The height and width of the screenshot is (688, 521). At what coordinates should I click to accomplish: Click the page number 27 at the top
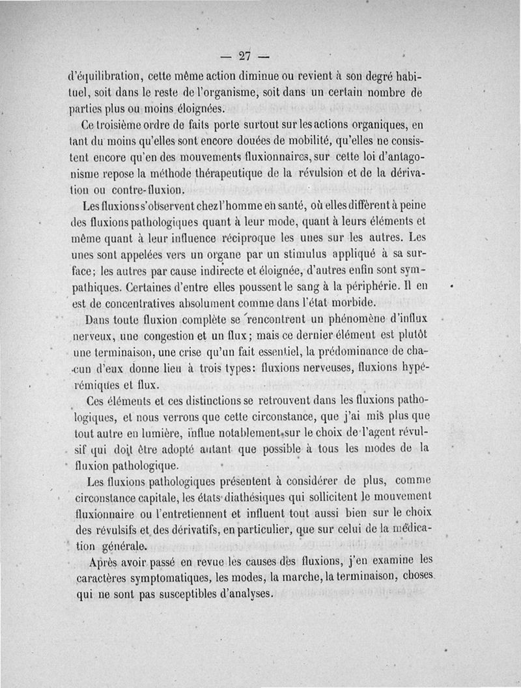click(245, 55)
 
